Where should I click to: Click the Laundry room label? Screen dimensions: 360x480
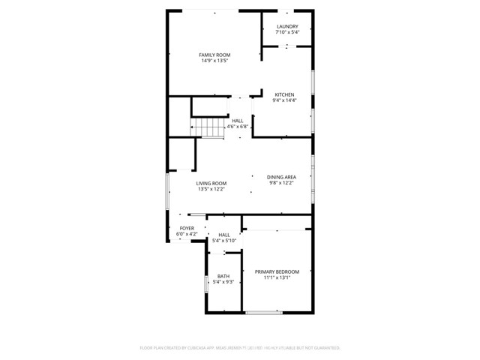coord(286,26)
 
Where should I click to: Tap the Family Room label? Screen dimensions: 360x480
coord(214,55)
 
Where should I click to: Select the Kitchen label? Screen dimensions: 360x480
coord(284,94)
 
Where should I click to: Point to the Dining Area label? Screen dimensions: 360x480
coord(281,177)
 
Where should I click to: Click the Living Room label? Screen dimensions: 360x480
coord(211,183)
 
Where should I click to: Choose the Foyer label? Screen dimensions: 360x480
coord(187,228)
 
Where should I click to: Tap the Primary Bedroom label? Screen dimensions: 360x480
coord(277,271)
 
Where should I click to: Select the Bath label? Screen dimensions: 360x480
coord(223,276)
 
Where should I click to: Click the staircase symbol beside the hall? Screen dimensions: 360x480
coord(208,128)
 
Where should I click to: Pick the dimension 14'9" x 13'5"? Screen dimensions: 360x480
coord(214,61)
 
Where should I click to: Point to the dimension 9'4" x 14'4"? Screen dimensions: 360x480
coord(284,100)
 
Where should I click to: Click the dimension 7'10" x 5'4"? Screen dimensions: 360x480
coord(286,32)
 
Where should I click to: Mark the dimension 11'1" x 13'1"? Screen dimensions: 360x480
coord(277,277)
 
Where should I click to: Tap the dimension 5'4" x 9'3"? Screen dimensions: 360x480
coord(223,282)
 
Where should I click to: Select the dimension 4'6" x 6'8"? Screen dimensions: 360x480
coord(238,127)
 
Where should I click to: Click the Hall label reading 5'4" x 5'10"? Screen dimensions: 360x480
coord(224,235)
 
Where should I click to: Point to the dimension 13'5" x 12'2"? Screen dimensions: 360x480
coord(211,189)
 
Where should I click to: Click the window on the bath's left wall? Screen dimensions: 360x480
coord(206,282)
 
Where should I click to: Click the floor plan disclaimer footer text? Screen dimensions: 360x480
coord(240,348)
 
